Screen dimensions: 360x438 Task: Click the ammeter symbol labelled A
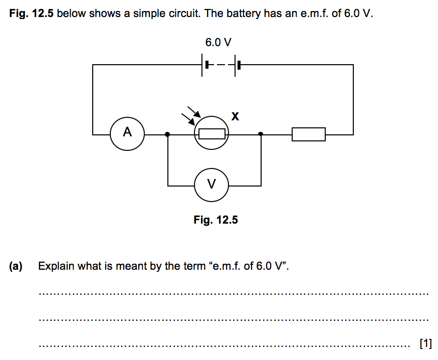(127, 133)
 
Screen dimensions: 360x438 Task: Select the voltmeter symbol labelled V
(211, 185)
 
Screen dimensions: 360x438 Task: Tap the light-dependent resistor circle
(211, 133)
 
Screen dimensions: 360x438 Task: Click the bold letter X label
(235, 117)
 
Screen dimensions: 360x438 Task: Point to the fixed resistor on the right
(308, 134)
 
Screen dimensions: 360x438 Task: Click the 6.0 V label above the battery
(218, 43)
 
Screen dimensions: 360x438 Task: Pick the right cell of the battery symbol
(237, 65)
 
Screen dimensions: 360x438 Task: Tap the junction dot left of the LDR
(167, 134)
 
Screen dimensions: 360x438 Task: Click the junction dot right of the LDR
(261, 134)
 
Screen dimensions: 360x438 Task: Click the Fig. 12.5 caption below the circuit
(215, 220)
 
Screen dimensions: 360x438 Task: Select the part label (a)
(16, 266)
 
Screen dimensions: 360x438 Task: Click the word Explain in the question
(54, 266)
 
